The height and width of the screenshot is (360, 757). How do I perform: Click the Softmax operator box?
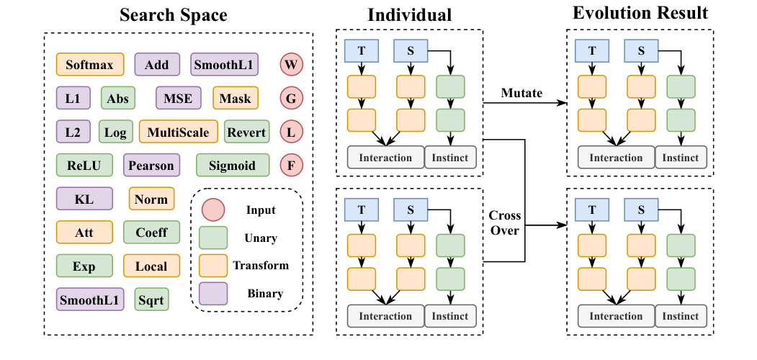[x=89, y=65]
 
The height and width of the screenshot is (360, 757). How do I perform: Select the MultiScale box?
[x=178, y=132]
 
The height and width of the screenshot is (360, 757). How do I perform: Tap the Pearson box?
[x=151, y=166]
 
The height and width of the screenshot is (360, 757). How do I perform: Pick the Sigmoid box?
[x=232, y=166]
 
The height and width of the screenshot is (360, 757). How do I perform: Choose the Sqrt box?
[x=151, y=299]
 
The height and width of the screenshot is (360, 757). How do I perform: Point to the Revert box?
[x=246, y=132]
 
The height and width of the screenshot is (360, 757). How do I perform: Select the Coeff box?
[x=151, y=233]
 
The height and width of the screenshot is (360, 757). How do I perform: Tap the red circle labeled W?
[x=291, y=65]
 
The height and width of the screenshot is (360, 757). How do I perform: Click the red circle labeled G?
[x=291, y=99]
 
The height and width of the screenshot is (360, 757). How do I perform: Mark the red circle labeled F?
[x=291, y=166]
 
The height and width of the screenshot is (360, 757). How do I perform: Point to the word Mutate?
[x=522, y=94]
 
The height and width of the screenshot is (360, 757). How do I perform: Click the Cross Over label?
[x=505, y=223]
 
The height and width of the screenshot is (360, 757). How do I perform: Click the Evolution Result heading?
[x=640, y=13]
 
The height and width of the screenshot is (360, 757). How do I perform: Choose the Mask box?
[x=235, y=99]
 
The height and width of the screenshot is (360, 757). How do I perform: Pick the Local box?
[x=151, y=266]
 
